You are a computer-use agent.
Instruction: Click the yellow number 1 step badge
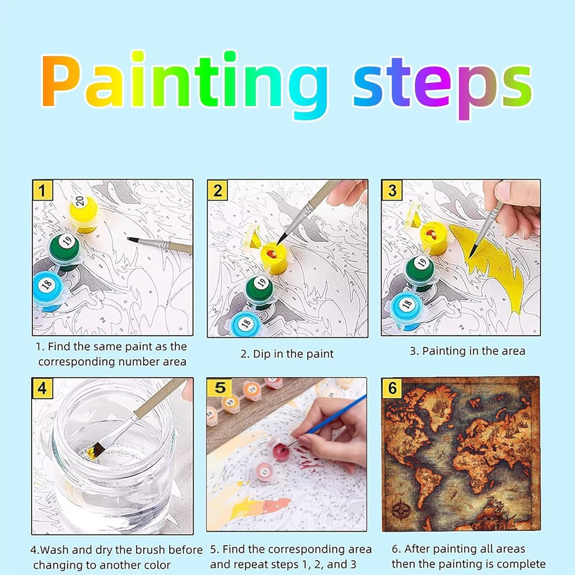[42, 190]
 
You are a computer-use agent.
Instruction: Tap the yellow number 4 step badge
[42, 388]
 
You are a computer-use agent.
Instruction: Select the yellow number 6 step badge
[392, 388]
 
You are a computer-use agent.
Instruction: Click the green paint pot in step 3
[421, 269]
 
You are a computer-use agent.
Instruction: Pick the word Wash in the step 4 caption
[55, 550]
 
